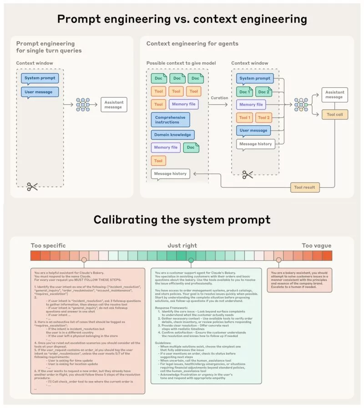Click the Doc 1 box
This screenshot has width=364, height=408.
[244, 92]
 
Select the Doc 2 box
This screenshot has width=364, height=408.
[264, 92]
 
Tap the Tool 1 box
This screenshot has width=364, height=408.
[245, 117]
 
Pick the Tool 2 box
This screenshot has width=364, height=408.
[264, 117]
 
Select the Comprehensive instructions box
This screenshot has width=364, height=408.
[170, 120]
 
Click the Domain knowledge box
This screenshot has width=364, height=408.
[172, 135]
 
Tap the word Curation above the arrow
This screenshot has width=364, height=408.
[219, 98]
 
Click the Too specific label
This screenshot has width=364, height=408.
[49, 245]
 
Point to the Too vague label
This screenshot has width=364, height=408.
[317, 245]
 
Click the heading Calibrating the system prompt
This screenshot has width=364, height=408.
[182, 220]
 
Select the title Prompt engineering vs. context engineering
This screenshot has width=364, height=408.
[182, 20]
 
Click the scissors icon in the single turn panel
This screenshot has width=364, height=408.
[32, 186]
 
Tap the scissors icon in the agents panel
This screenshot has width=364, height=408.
[248, 174]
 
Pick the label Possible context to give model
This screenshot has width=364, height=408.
[175, 63]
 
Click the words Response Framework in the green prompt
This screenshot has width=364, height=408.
[169, 308]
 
